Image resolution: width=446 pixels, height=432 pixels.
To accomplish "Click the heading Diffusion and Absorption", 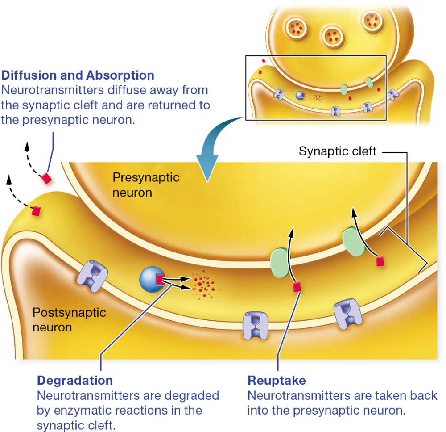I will click(78, 75).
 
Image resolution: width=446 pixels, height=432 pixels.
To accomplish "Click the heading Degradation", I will click(75, 381).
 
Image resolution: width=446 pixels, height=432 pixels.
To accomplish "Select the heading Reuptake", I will click(277, 381).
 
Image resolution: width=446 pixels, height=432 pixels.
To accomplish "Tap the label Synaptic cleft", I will click(338, 151).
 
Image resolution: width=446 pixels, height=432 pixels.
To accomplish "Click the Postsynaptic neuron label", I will click(69, 319).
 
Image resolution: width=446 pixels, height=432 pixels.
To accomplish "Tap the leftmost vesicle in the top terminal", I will click(295, 28).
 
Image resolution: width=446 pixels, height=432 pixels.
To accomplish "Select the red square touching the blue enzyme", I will click(160, 280).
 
